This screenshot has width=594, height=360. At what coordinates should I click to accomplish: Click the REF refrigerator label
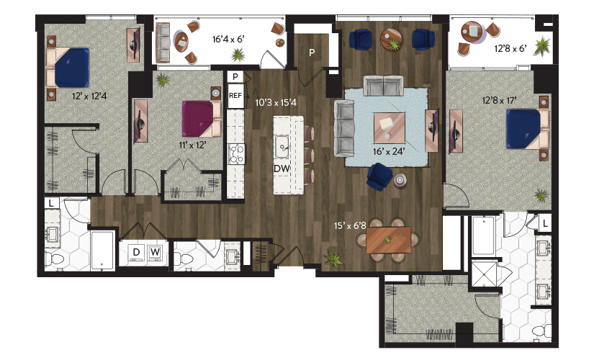click(x=235, y=96)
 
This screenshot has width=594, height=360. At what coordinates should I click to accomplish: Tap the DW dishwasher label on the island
click(x=282, y=168)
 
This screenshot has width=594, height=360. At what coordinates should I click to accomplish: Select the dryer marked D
click(x=136, y=252)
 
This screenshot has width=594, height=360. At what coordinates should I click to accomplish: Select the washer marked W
click(x=155, y=252)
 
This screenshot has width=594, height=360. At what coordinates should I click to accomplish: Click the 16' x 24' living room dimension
click(x=389, y=152)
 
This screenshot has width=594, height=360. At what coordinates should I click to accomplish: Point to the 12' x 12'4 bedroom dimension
click(x=89, y=96)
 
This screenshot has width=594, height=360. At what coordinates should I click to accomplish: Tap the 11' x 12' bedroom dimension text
click(x=192, y=145)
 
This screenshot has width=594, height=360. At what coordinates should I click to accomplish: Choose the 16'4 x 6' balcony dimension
click(x=228, y=39)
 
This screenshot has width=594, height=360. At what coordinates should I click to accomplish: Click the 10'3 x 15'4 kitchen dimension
click(x=276, y=102)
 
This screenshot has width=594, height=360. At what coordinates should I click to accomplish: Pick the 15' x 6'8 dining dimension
click(x=350, y=226)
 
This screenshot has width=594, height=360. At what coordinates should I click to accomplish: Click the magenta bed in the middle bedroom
click(x=202, y=119)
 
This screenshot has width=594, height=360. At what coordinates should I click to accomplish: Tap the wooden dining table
click(x=389, y=240)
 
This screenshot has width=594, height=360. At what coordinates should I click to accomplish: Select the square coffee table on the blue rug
click(x=389, y=127)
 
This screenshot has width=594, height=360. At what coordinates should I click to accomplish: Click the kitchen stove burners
click(x=236, y=154)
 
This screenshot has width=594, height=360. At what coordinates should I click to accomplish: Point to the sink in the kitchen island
click(x=282, y=147)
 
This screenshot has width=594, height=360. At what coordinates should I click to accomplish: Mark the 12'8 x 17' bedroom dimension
click(x=499, y=101)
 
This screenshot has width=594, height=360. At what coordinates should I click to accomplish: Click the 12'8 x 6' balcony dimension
click(x=510, y=48)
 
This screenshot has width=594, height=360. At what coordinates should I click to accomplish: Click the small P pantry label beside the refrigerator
click(x=235, y=77)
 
